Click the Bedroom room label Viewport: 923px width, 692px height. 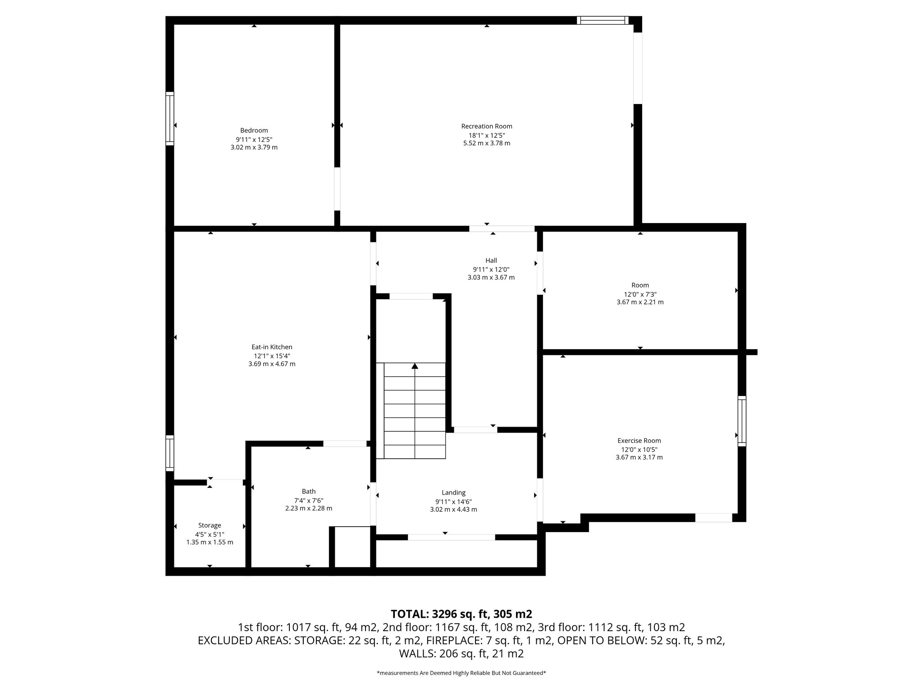click(x=254, y=131)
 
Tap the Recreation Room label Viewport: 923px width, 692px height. click(x=486, y=127)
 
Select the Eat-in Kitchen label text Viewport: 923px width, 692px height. click(x=272, y=347)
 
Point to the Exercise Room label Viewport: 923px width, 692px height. click(x=639, y=441)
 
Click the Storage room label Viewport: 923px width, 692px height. click(x=210, y=525)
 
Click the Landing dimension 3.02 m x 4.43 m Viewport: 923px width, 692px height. click(x=453, y=510)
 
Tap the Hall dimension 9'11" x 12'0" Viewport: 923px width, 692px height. click(x=491, y=269)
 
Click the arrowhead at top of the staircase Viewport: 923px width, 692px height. click(x=415, y=366)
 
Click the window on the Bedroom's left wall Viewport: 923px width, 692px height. click(x=170, y=118)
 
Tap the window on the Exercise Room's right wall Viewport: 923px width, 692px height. click(x=741, y=421)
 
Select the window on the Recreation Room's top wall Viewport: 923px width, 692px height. click(x=603, y=20)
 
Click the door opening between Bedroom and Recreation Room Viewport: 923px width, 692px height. click(x=337, y=189)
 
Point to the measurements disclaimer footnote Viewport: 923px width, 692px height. click(x=461, y=673)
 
